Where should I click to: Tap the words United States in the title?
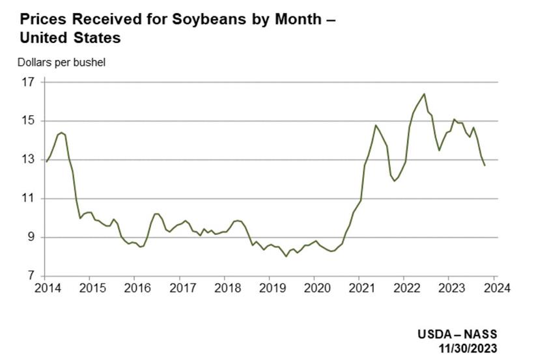(70, 38)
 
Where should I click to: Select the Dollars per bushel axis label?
(61, 62)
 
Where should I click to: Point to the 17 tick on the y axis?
(27, 83)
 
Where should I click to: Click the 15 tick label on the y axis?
(27, 121)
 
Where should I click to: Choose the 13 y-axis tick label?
(27, 160)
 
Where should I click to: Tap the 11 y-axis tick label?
(27, 199)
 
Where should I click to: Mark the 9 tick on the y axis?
(31, 238)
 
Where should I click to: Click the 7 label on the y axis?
(31, 276)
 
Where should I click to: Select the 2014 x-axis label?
(46, 287)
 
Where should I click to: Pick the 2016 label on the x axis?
(135, 287)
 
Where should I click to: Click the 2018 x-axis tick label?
(225, 287)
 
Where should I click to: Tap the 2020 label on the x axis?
(315, 287)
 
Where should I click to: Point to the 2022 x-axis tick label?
(404, 287)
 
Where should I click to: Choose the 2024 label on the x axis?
(494, 287)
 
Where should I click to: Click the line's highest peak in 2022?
(424, 94)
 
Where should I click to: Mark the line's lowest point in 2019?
(286, 256)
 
